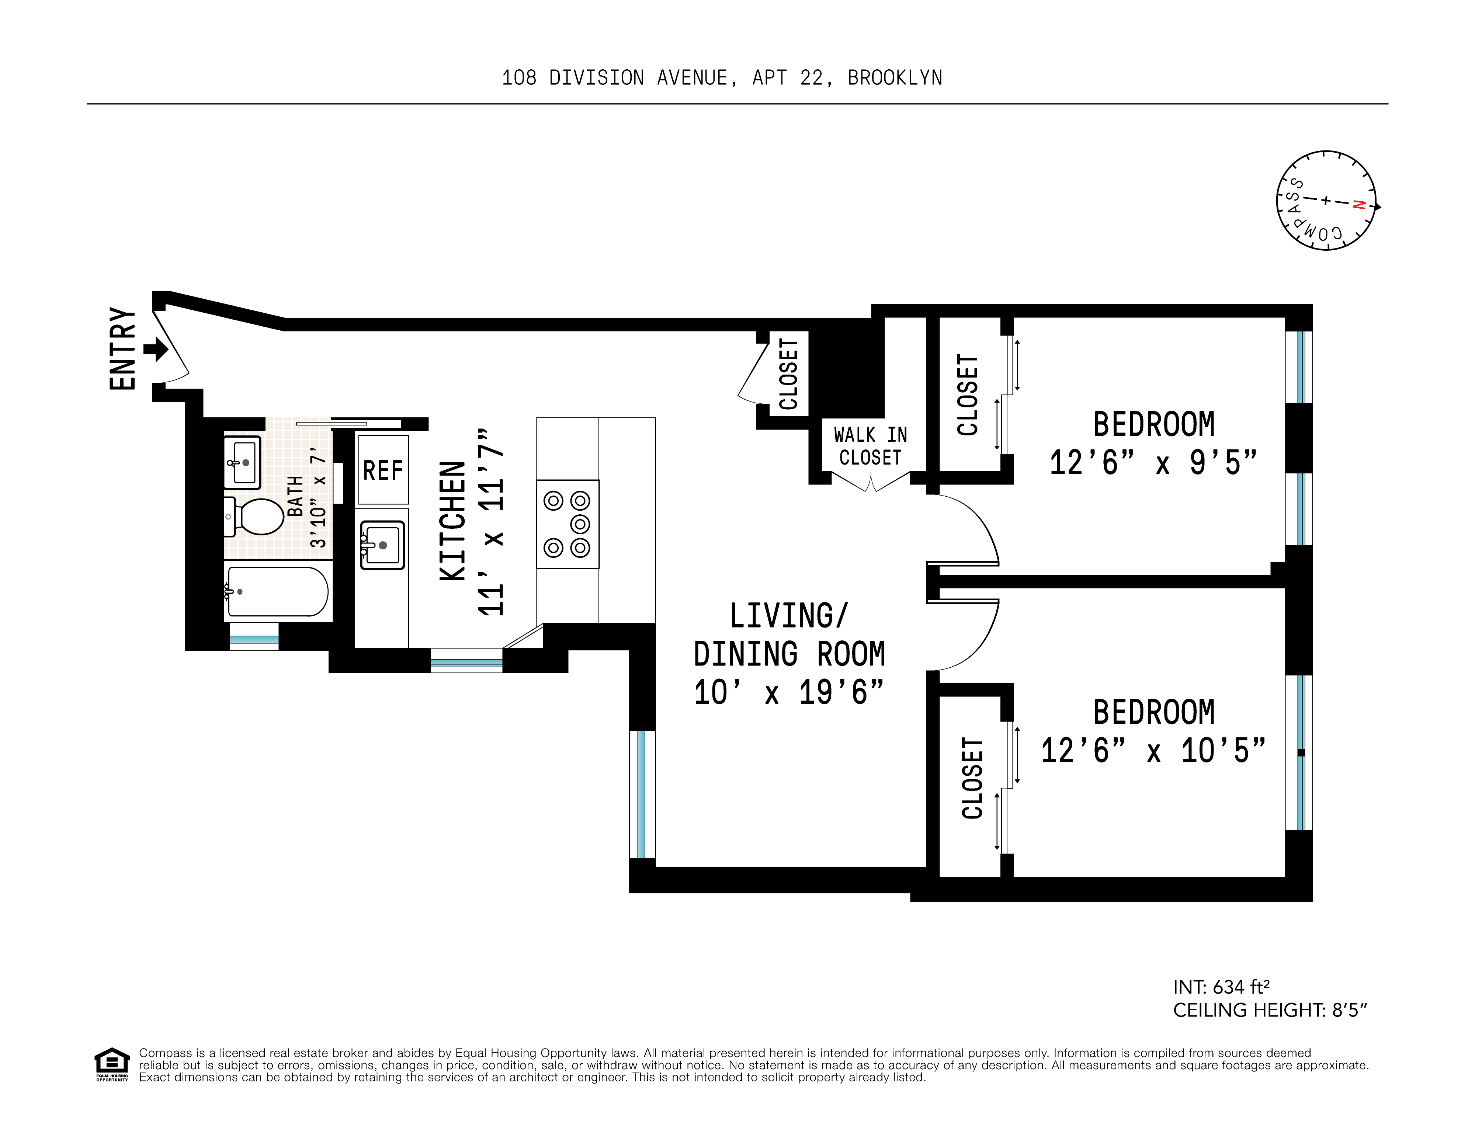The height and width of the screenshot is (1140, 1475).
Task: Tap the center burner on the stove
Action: [x=580, y=524]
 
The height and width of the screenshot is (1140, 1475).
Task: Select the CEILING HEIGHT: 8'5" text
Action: [x=1270, y=1010]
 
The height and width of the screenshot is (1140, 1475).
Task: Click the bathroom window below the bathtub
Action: [x=254, y=638]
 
